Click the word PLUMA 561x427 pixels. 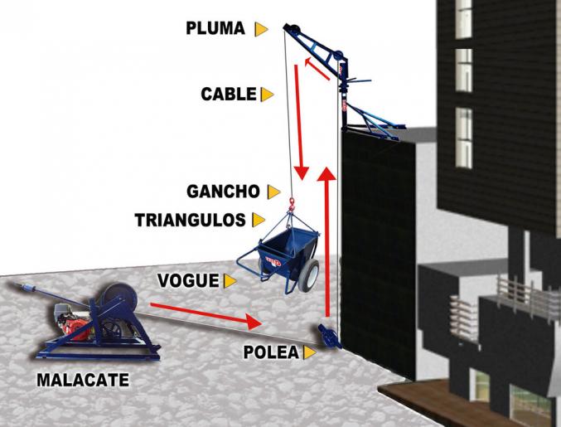click(x=215, y=28)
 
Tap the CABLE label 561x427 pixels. click(x=229, y=95)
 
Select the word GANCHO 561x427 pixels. click(x=223, y=192)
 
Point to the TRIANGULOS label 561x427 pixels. click(x=190, y=220)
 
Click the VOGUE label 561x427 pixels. click(x=188, y=280)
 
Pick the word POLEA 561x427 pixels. click(x=271, y=352)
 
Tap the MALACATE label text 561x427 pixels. click(x=83, y=380)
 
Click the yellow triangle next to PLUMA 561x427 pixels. click(x=261, y=29)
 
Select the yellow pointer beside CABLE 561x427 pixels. click(x=267, y=95)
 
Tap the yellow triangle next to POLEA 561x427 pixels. click(x=309, y=352)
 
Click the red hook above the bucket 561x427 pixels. click(x=292, y=204)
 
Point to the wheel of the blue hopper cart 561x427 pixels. click(x=307, y=275)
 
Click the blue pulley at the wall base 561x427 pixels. click(x=330, y=336)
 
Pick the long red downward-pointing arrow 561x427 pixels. click(x=299, y=123)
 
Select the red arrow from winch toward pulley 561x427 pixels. click(x=206, y=315)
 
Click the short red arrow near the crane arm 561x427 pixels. click(x=317, y=68)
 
